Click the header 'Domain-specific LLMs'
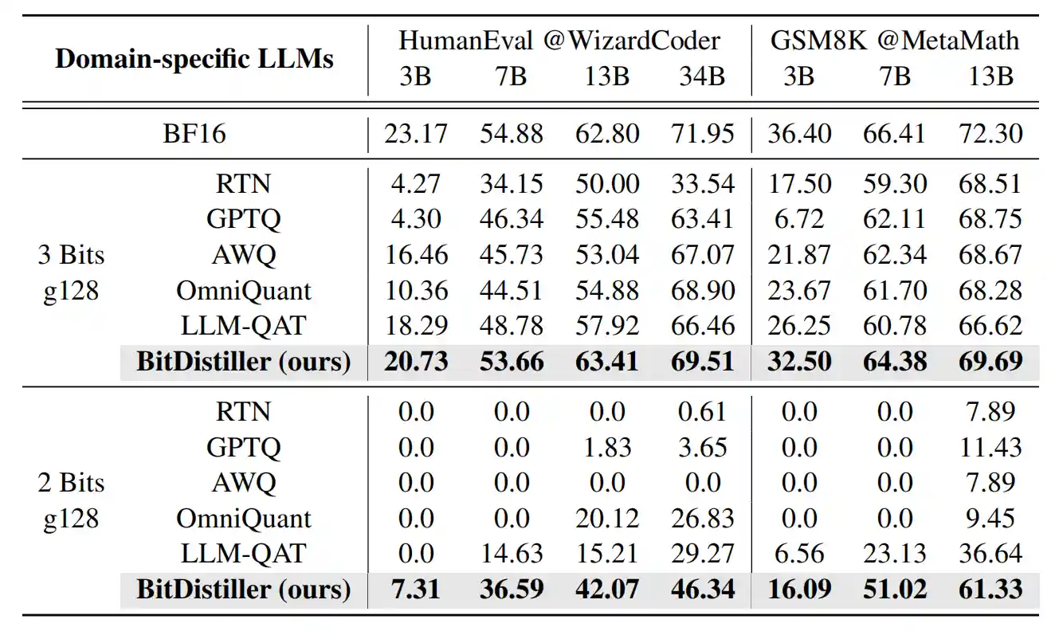tap(194, 59)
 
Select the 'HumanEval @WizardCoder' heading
tap(559, 41)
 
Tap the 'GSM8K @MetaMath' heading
tap(895, 41)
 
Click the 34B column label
tap(702, 76)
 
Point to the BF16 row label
tap(194, 133)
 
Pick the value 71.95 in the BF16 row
tap(702, 133)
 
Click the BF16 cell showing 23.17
tap(416, 133)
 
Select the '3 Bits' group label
tap(71, 256)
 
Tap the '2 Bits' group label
tap(71, 483)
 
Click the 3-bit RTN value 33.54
tap(702, 184)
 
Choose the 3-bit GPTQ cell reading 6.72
tap(798, 219)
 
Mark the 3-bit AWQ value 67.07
tap(702, 255)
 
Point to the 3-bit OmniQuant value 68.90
tap(702, 290)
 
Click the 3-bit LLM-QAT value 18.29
tap(416, 325)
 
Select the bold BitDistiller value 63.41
tap(607, 361)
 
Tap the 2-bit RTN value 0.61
tap(702, 412)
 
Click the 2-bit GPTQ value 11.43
tap(990, 447)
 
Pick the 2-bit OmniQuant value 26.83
tap(702, 518)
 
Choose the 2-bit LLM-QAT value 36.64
tap(990, 553)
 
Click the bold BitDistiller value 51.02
tap(895, 589)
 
